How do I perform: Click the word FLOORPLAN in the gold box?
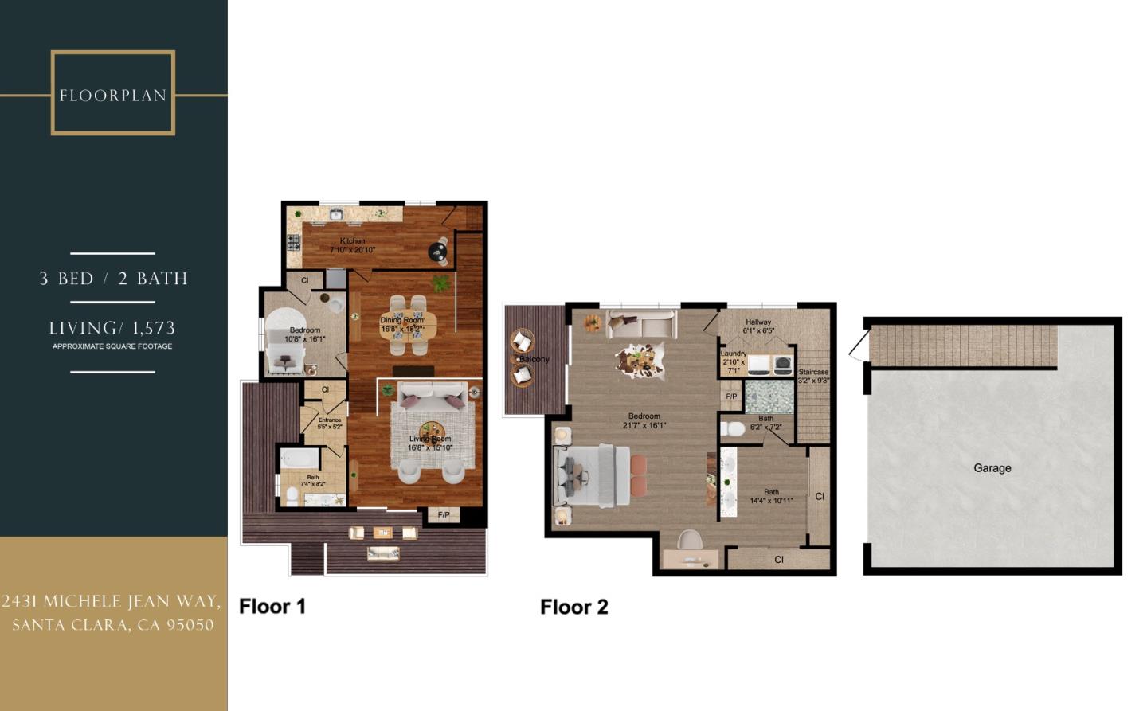click(x=112, y=96)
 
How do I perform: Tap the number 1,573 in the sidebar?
click(x=155, y=327)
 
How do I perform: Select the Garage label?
click(x=992, y=468)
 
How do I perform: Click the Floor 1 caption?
click(x=272, y=606)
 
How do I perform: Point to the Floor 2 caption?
click(x=573, y=607)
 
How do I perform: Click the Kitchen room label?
click(x=352, y=240)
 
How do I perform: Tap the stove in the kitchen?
click(x=294, y=241)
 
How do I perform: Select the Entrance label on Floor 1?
click(x=329, y=420)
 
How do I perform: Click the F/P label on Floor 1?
click(x=444, y=515)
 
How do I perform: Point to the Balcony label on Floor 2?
click(x=534, y=359)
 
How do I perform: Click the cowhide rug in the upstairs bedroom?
click(x=640, y=360)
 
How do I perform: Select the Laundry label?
click(x=733, y=354)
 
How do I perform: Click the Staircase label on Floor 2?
click(x=813, y=372)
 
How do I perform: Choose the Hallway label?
click(x=758, y=322)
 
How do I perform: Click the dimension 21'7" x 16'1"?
click(x=644, y=425)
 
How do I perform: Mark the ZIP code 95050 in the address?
click(x=190, y=625)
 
